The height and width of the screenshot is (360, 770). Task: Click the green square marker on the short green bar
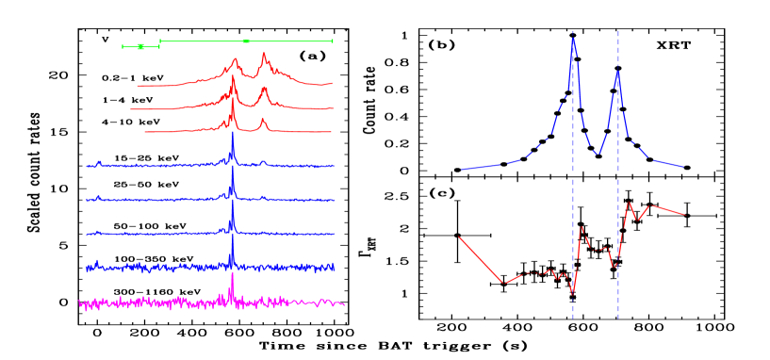tap(140, 46)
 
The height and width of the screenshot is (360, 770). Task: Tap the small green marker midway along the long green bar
tap(246, 41)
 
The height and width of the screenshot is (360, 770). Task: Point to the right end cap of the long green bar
tap(332, 41)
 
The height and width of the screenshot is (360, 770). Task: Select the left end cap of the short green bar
tap(123, 46)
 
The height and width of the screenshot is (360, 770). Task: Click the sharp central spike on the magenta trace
tap(232, 275)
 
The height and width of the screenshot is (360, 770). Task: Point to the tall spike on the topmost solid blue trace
tap(233, 132)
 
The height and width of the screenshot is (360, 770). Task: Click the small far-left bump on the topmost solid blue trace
tap(98, 162)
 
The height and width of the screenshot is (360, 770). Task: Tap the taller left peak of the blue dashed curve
tap(573, 39)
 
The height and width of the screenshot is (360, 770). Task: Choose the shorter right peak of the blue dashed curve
tap(617, 72)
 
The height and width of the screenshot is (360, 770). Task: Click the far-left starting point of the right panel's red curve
tap(459, 237)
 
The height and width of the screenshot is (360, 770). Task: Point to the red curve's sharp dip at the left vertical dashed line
tap(572, 293)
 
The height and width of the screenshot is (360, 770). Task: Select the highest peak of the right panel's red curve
tap(629, 203)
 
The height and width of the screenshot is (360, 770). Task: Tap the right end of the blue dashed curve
tap(683, 167)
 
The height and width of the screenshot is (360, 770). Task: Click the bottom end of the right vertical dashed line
tap(618, 318)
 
